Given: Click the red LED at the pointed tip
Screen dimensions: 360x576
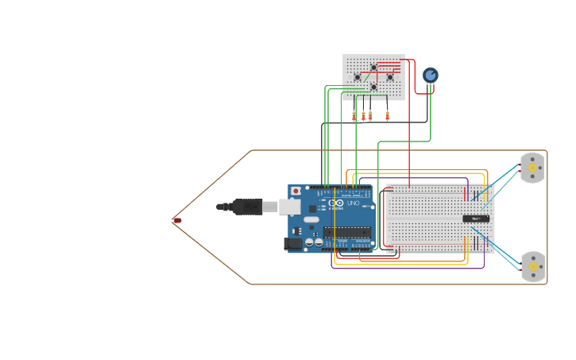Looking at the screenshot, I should [x=177, y=220].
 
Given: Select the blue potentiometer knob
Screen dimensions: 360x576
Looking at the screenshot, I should [x=430, y=75].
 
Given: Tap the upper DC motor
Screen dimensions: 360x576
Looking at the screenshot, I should [x=532, y=168].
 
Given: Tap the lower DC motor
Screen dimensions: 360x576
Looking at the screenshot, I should [x=532, y=267].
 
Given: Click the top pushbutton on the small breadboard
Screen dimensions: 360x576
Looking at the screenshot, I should [x=373, y=68].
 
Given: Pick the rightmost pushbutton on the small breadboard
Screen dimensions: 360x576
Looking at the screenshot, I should [x=389, y=77].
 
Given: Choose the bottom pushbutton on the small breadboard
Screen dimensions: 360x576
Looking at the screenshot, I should [x=373, y=87].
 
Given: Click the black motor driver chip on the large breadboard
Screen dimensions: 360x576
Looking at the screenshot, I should [x=476, y=219].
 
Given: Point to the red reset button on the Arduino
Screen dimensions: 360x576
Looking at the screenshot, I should [x=296, y=192].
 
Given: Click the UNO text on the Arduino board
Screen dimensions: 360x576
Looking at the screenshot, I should [x=354, y=203].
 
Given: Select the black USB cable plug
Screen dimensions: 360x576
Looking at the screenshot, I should [x=246, y=207].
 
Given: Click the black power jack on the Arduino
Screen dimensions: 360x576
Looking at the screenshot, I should [x=293, y=244].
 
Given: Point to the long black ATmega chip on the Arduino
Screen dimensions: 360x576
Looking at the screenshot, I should [x=347, y=232].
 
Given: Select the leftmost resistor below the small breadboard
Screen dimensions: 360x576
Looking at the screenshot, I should [x=354, y=116].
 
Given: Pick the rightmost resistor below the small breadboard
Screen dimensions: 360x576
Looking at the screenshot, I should [x=387, y=115].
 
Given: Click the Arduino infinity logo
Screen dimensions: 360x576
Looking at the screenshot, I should [x=336, y=203].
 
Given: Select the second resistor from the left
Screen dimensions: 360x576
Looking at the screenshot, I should [x=363, y=116].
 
